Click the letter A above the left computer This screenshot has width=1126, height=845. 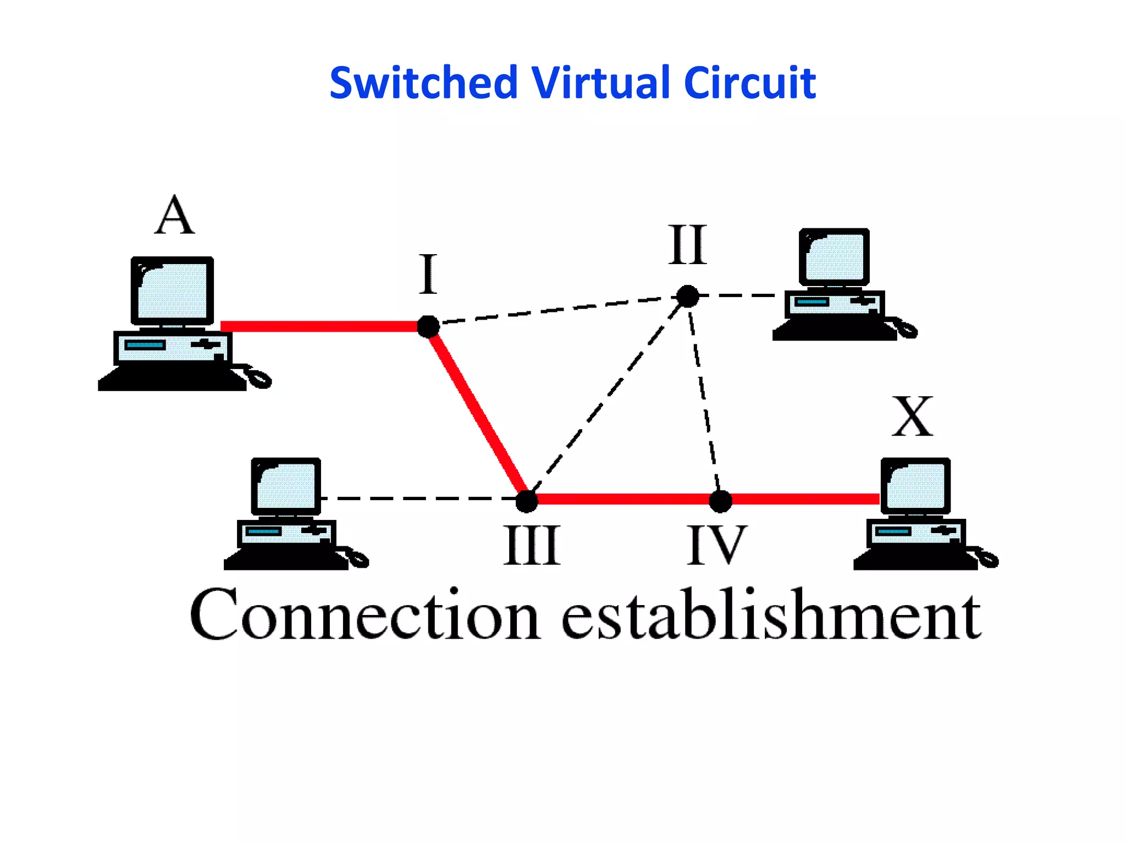174,216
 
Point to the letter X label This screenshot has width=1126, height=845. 912,416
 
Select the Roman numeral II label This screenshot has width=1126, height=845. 687,245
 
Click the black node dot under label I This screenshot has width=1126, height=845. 428,327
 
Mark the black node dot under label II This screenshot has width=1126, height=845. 687,297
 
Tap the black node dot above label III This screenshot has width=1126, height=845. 527,501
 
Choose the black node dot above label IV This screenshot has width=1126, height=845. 720,501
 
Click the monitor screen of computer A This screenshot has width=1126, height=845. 173,291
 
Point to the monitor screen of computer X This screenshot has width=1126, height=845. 917,486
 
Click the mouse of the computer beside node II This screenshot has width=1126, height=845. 907,330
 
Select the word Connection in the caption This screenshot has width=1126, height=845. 364,614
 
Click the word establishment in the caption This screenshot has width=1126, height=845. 771,614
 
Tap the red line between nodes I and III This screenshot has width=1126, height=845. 477,413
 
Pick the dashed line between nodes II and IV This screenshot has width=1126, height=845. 704,397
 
